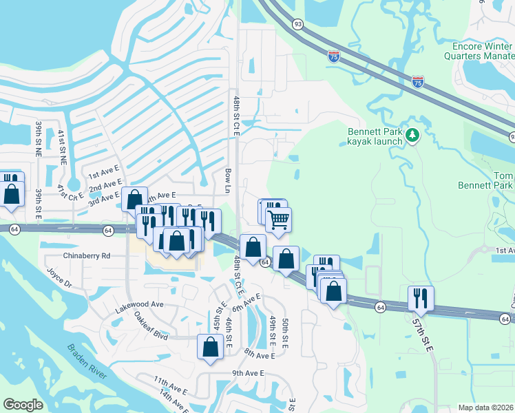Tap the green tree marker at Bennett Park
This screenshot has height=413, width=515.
412,136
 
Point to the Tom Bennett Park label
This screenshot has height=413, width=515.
485,180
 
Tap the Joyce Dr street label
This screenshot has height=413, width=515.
59,277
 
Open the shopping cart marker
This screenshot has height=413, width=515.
278,220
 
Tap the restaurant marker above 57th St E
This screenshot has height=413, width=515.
421,298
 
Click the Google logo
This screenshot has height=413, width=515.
23,405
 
